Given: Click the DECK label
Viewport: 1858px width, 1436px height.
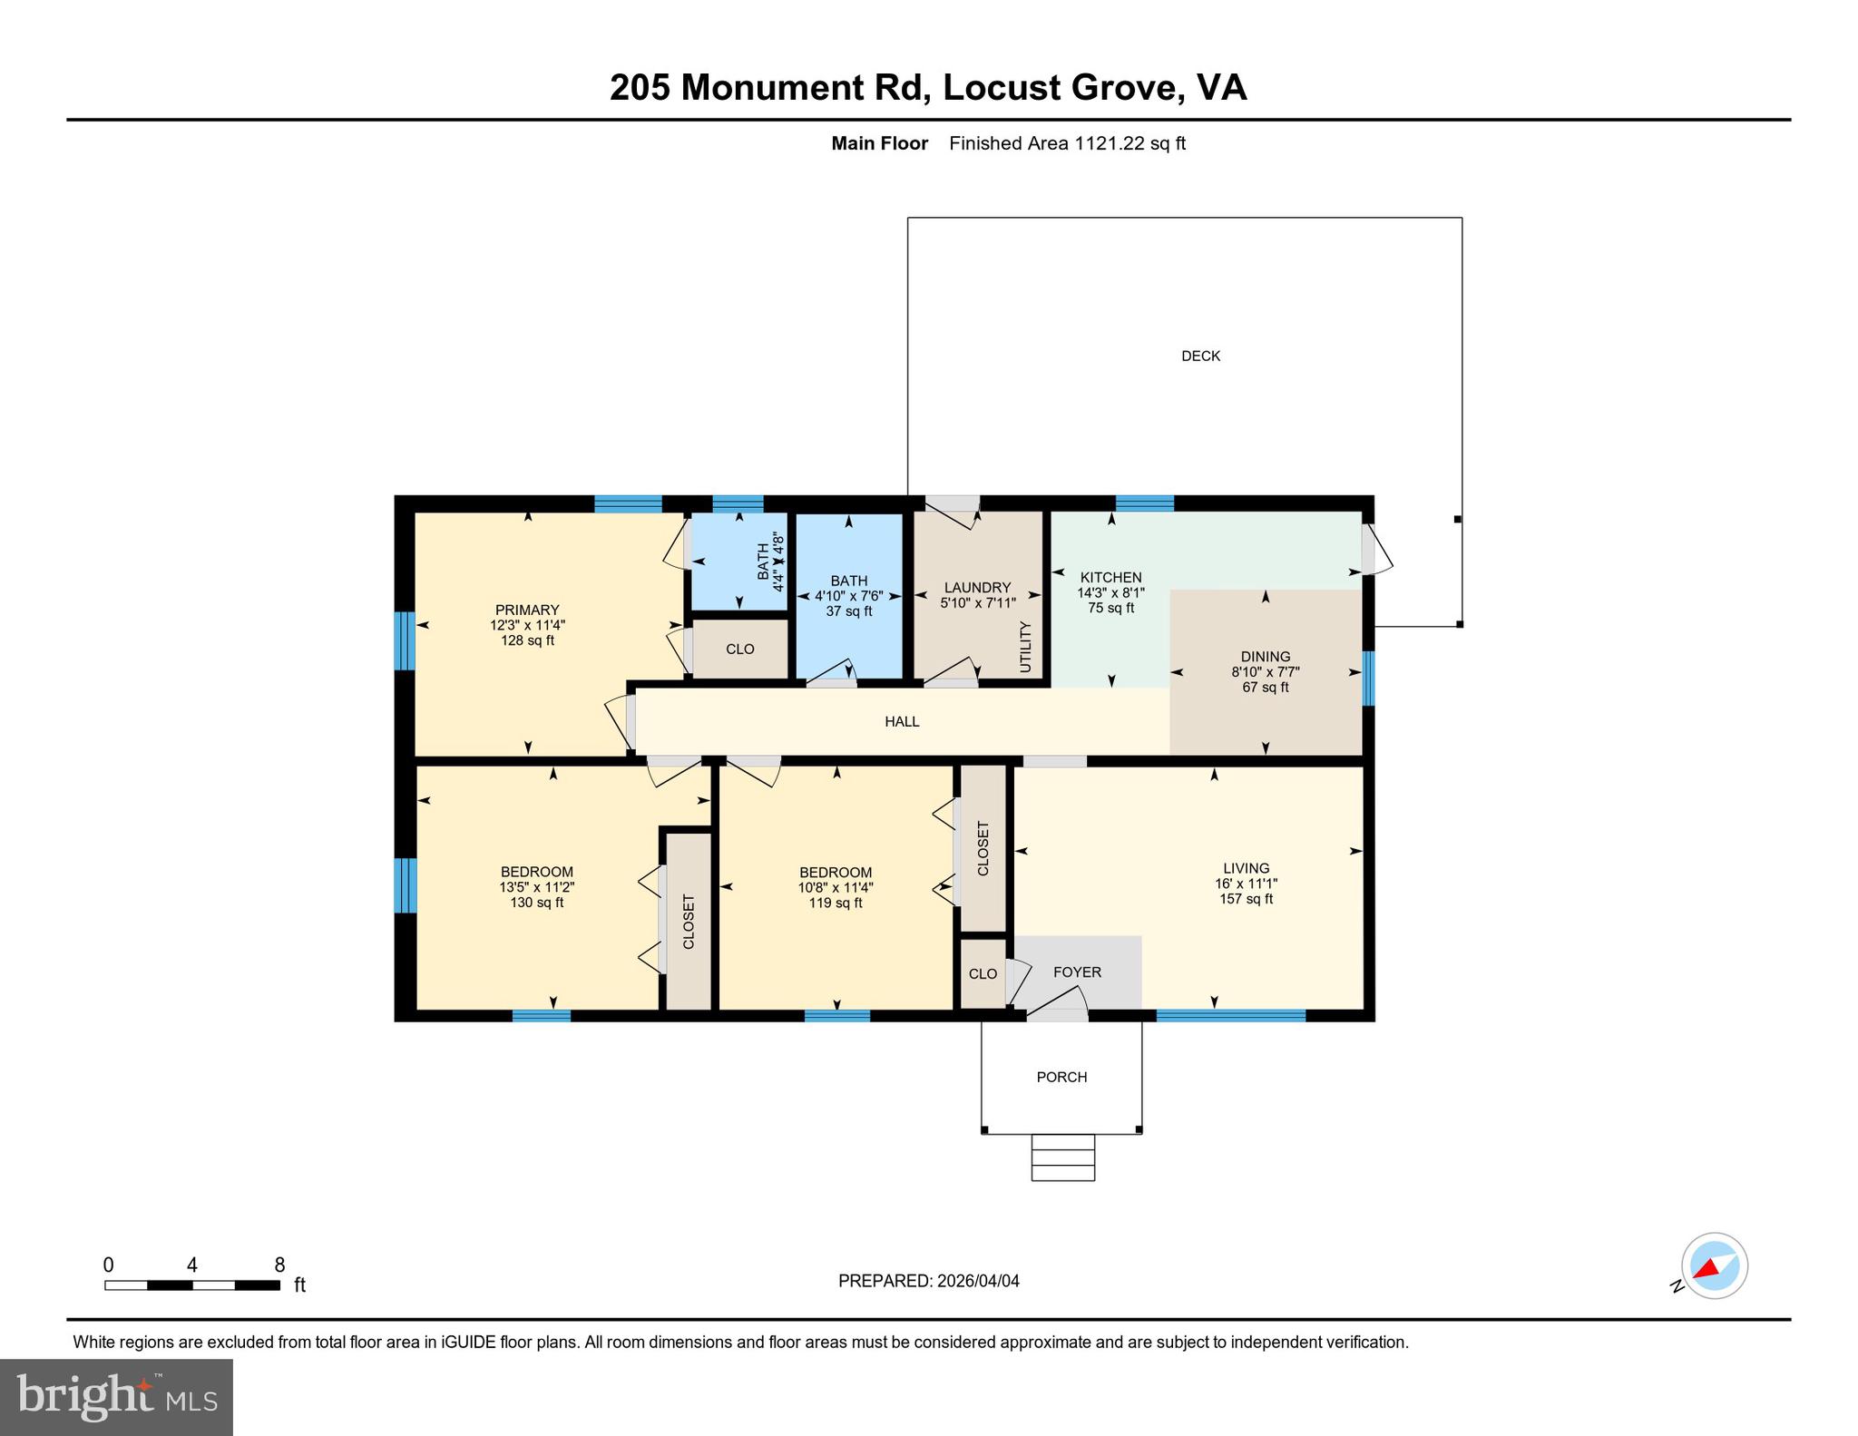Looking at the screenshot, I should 1200,357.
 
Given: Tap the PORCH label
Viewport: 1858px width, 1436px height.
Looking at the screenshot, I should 1061,1077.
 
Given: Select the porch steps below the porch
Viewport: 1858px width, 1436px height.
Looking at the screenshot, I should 1062,1158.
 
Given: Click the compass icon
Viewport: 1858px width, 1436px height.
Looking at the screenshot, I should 1714,1265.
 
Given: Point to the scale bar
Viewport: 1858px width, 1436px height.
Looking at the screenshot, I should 191,1285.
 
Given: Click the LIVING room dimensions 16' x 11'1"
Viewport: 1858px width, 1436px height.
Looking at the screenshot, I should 1246,884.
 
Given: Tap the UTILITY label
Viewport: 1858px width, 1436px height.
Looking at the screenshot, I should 1026,647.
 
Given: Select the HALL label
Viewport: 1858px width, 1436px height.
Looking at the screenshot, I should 902,722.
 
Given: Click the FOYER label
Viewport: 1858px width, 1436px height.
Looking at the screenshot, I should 1077,972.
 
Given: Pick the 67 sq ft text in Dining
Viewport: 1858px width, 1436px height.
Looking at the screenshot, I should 1265,688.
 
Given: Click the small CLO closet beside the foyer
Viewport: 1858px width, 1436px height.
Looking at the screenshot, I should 983,974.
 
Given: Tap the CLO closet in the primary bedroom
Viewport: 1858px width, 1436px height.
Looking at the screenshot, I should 740,650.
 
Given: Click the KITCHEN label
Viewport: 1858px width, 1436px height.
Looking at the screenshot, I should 1110,578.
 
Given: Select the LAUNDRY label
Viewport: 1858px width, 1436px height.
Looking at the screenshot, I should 977,588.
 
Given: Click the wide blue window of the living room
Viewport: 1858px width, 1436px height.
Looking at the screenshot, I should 1230,1015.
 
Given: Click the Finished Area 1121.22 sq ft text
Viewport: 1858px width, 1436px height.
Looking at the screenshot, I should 1067,143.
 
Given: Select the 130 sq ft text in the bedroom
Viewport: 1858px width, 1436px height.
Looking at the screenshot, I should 537,903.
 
